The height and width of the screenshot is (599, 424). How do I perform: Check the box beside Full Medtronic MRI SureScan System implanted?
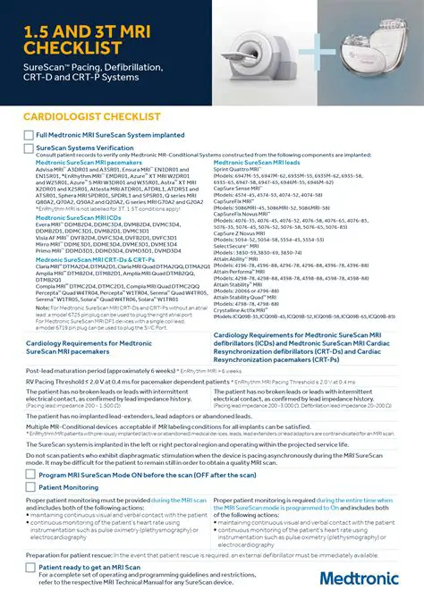coord(29,135)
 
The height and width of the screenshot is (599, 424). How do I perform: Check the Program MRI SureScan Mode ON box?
coord(29,474)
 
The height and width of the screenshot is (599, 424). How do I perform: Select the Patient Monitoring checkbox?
coord(29,487)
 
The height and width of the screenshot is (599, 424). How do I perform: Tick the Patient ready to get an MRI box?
coord(29,567)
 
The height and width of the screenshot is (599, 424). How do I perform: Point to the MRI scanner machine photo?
coord(259,49)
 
